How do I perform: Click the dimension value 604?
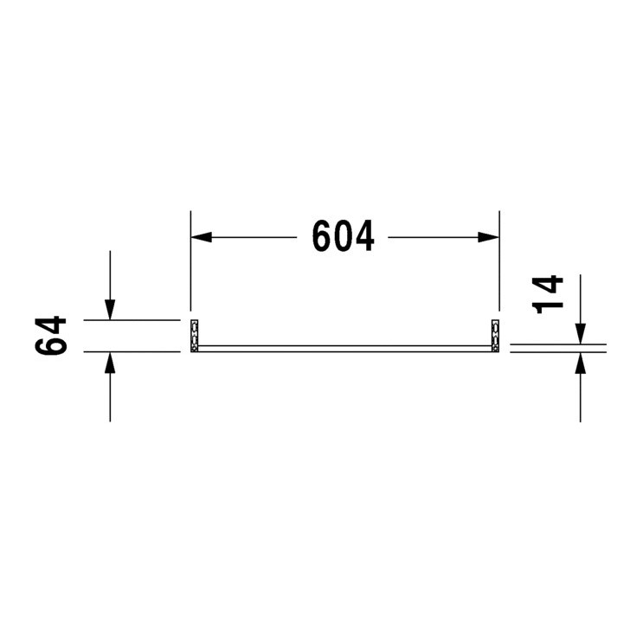tap(344, 236)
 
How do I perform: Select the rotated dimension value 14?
tap(550, 293)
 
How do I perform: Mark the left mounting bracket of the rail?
tap(195, 336)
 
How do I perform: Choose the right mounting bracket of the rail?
tap(496, 336)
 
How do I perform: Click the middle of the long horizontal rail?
tap(345, 348)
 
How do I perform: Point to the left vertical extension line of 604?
tap(190, 260)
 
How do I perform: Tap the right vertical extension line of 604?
tap(500, 260)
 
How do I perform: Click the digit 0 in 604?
tap(344, 236)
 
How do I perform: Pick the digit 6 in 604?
tap(323, 236)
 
